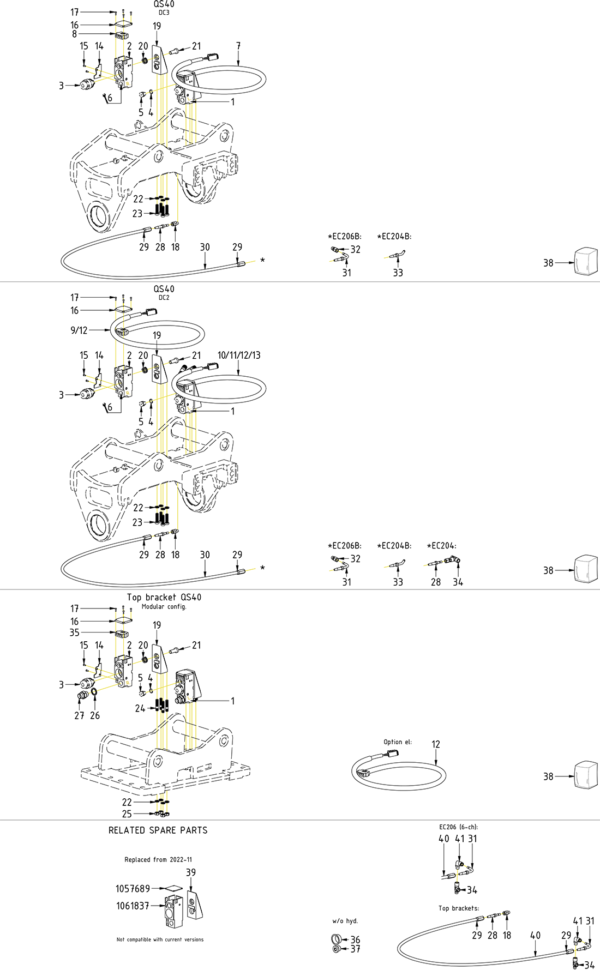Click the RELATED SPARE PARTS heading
pyautogui.click(x=158, y=830)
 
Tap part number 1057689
pyautogui.click(x=133, y=889)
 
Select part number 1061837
pyautogui.click(x=133, y=906)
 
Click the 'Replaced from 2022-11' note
pyautogui.click(x=158, y=860)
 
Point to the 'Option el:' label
pyautogui.click(x=398, y=742)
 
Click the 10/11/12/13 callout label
pyautogui.click(x=239, y=356)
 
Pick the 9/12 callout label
pyautogui.click(x=79, y=330)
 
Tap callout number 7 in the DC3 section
pyautogui.click(x=238, y=46)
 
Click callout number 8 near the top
pyautogui.click(x=75, y=34)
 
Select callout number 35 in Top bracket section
pyautogui.click(x=75, y=632)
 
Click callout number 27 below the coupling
pyautogui.click(x=79, y=715)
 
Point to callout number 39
pyautogui.click(x=191, y=872)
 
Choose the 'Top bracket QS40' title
pyautogui.click(x=164, y=598)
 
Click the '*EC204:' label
pyautogui.click(x=441, y=546)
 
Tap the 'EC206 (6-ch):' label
pyautogui.click(x=458, y=827)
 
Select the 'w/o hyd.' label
pyautogui.click(x=345, y=921)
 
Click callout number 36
pyautogui.click(x=355, y=939)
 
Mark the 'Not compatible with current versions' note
pyautogui.click(x=160, y=939)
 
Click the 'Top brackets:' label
pyautogui.click(x=459, y=908)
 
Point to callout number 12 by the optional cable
pyautogui.click(x=436, y=744)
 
